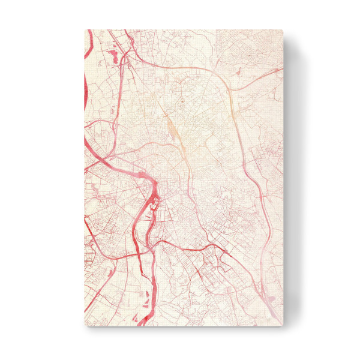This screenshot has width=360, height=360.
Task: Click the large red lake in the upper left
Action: click(113, 56)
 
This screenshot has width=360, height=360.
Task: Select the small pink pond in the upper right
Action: click(239, 71)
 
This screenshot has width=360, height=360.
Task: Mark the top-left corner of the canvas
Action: click(85, 29)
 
